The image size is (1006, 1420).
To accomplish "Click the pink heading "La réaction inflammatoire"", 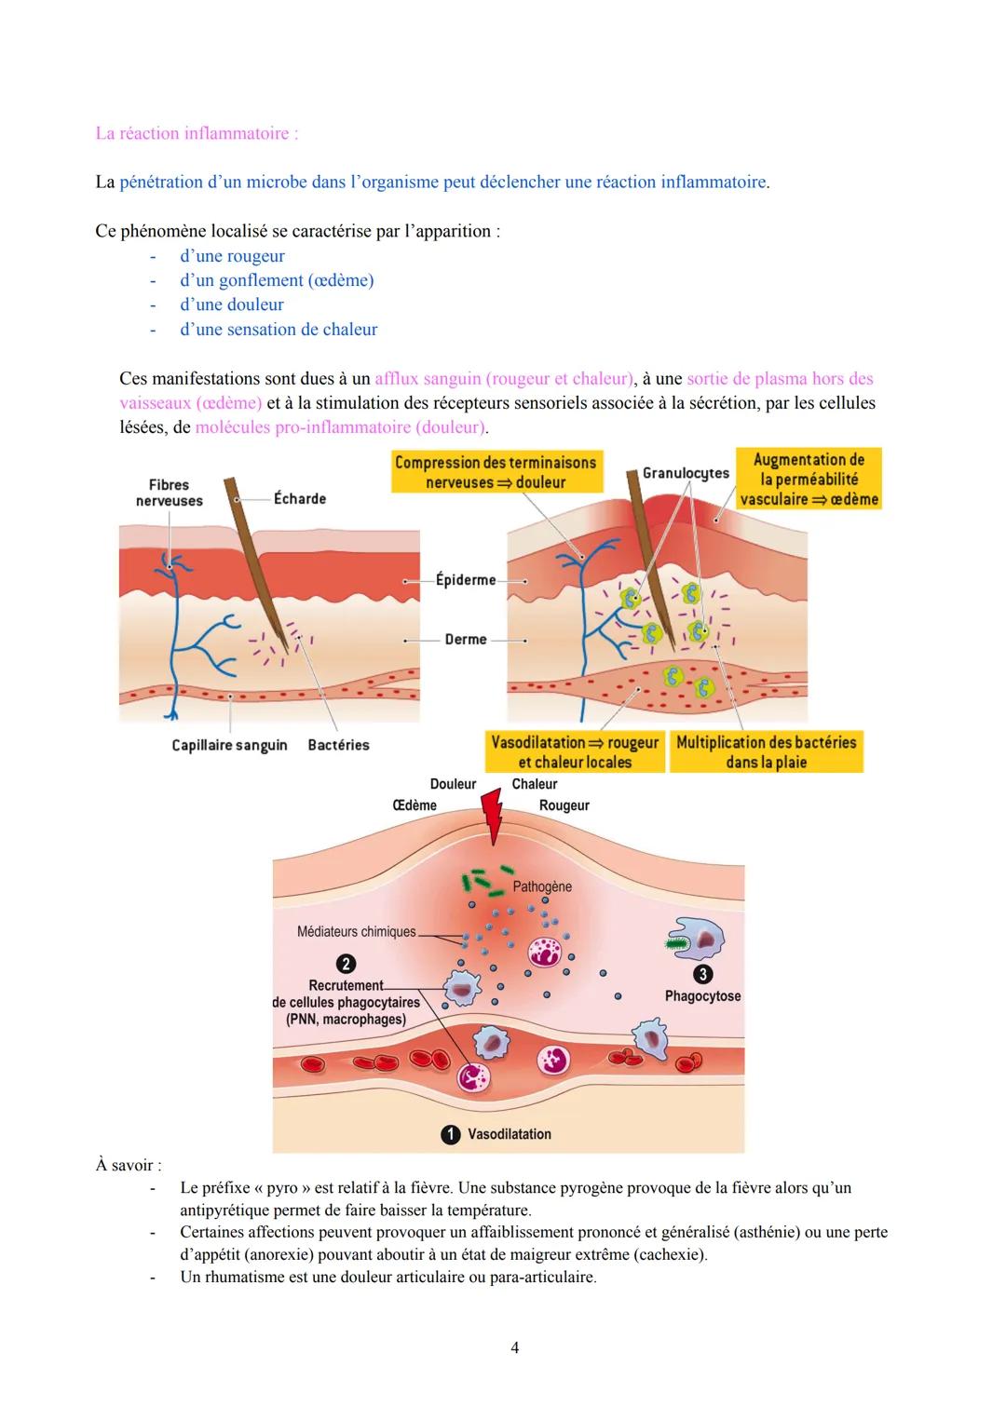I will (197, 133).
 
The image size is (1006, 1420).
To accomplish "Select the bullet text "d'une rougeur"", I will (232, 256).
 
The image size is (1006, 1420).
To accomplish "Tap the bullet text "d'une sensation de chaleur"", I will (279, 329).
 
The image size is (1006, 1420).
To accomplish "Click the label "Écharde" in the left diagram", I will (300, 499).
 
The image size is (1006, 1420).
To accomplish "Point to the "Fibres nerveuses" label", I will (169, 493).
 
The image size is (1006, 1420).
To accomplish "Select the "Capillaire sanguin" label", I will (229, 745).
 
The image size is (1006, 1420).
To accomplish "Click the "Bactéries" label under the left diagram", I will (338, 745).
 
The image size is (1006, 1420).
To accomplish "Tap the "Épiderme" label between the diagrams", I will (465, 580).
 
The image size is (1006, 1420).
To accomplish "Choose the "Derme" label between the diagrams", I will (466, 640).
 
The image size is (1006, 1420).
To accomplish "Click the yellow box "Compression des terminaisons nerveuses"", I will (496, 472).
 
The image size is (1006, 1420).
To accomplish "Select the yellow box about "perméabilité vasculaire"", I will (809, 479).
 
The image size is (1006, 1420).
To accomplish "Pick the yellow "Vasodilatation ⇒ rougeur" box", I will (575, 752).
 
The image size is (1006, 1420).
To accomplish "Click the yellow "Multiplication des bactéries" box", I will (766, 752).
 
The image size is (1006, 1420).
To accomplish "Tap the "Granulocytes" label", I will (686, 473).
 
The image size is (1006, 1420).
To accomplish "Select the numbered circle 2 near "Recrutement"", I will (346, 964).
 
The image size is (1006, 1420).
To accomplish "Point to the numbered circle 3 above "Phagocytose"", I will (703, 974).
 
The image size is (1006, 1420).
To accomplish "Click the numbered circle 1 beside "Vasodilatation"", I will (450, 1134).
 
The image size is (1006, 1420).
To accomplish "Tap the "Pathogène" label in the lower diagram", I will (542, 886).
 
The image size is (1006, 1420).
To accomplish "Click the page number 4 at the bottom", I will (514, 1347).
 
